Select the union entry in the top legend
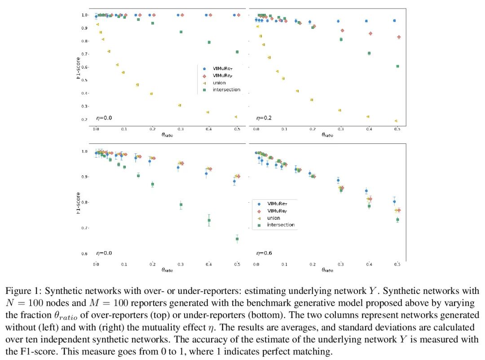click(219, 83)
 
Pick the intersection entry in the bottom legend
click(281, 225)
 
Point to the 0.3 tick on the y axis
click(84, 107)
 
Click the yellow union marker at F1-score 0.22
click(236, 117)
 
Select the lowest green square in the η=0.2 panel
click(397, 66)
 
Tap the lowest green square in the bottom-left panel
click(237, 239)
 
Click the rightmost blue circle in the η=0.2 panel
click(394, 21)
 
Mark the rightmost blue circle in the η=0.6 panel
click(394, 202)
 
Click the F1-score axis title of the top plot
click(78, 67)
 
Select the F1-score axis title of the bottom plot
click(78, 203)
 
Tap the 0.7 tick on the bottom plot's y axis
click(84, 228)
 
